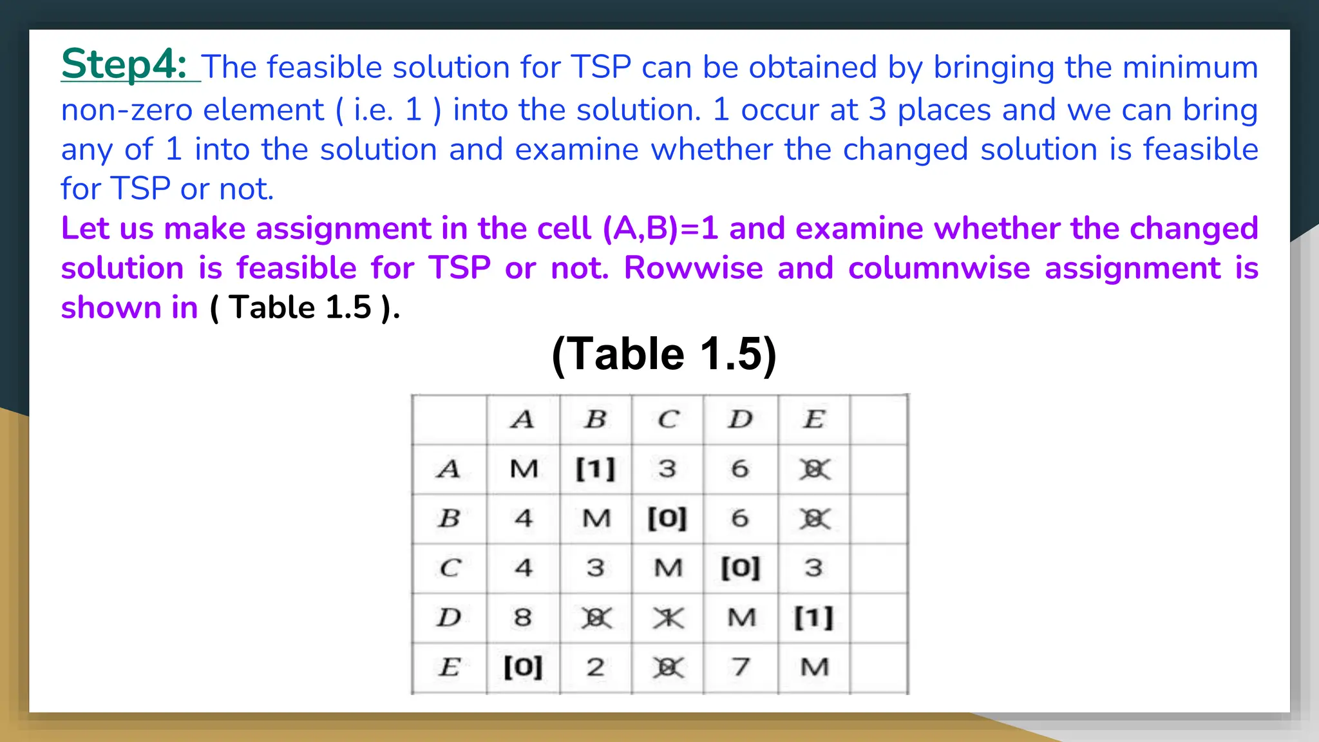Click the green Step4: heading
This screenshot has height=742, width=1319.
124,64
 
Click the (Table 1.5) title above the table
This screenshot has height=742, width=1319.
664,354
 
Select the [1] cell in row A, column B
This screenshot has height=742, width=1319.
596,469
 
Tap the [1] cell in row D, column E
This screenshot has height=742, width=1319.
813,618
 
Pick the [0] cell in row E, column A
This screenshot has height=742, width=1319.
523,667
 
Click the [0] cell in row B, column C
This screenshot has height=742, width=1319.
667,518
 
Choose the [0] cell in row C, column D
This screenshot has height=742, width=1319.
741,568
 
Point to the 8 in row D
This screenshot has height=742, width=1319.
523,618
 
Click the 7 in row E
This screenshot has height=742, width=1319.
741,667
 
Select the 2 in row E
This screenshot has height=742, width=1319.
596,667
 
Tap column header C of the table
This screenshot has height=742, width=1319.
668,419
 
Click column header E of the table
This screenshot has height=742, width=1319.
813,419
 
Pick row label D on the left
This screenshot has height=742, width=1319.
449,618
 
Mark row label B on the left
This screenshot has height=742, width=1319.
449,518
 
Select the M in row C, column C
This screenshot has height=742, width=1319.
668,568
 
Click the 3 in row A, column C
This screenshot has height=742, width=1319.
667,469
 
